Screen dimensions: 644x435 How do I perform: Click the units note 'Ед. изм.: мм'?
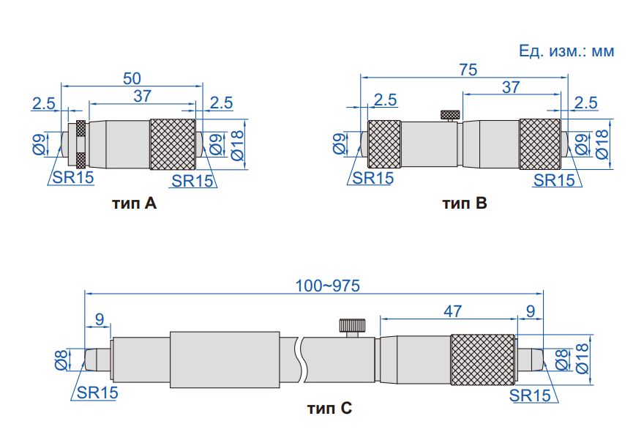(566, 51)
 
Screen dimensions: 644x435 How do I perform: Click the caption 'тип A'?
(134, 203)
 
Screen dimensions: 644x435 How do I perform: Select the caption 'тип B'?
(465, 203)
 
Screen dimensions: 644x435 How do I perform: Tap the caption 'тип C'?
(329, 409)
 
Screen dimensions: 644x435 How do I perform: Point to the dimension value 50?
(132, 78)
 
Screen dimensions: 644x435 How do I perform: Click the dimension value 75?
(468, 70)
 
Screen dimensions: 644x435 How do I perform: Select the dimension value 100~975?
(328, 286)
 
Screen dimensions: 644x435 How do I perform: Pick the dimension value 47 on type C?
(452, 311)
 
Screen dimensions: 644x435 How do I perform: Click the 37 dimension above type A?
(142, 96)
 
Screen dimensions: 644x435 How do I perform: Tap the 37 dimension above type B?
(511, 86)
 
